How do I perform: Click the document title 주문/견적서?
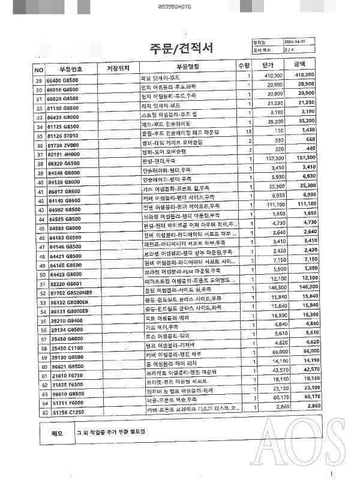pos(181,48)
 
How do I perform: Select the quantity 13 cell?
pos(248,130)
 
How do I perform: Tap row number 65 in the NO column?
pos(39,413)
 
